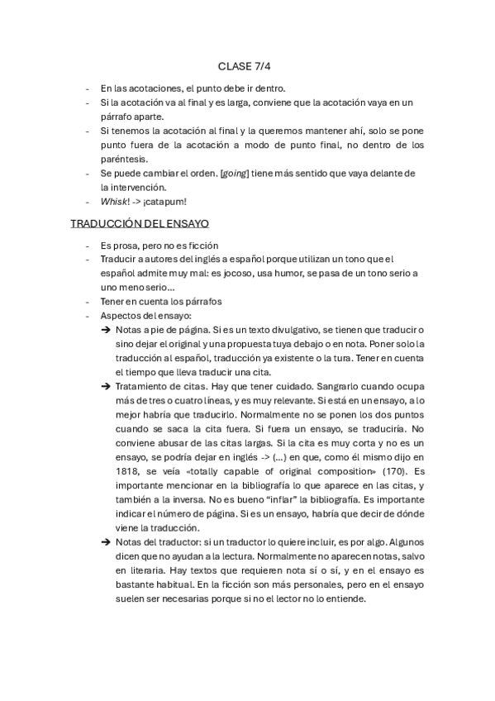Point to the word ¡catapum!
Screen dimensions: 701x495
tap(164, 201)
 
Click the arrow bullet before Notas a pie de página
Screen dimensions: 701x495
tap(106, 330)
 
